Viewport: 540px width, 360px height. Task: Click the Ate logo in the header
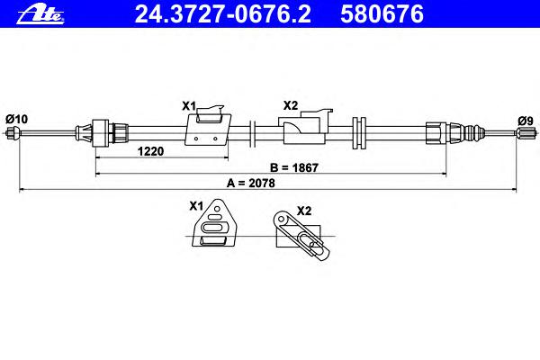coord(40,14)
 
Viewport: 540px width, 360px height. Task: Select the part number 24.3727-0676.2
coord(223,14)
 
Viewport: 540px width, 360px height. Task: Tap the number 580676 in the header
coord(382,14)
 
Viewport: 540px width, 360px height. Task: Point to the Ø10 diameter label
coord(16,119)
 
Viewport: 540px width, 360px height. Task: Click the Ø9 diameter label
coord(526,121)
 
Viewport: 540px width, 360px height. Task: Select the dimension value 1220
coord(150,151)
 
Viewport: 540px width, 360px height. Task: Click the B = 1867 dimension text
coord(294,167)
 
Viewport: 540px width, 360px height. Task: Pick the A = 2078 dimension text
coord(251,184)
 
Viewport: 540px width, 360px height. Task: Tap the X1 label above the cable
coord(189,106)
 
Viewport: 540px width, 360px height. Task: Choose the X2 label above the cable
coord(291,105)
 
